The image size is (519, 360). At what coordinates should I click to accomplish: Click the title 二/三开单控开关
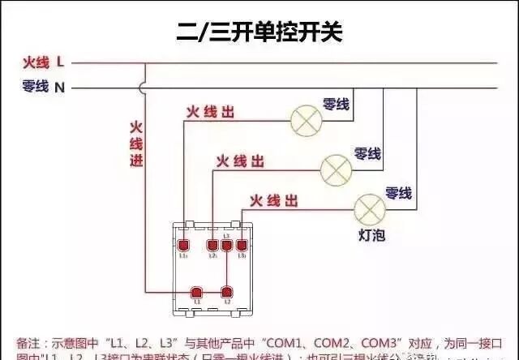tap(259, 32)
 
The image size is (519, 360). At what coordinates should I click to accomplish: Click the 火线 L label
tap(44, 62)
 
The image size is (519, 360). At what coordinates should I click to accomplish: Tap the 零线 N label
tap(44, 87)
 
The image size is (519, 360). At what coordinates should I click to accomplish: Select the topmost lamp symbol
tap(306, 122)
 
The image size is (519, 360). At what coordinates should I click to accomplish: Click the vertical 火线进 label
tap(136, 144)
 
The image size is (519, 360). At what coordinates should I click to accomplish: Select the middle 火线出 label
tap(240, 162)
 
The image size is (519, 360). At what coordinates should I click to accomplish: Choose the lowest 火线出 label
tap(273, 199)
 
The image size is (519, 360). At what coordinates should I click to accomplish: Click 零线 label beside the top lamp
tap(336, 104)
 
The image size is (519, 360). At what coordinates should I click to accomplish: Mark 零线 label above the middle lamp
tap(367, 152)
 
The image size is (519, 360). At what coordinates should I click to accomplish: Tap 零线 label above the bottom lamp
tap(398, 193)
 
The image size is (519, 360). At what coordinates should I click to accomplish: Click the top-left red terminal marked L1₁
tap(185, 245)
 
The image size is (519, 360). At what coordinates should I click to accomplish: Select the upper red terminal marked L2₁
tap(212, 245)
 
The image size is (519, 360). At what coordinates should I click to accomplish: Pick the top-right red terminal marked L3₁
tap(242, 245)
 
